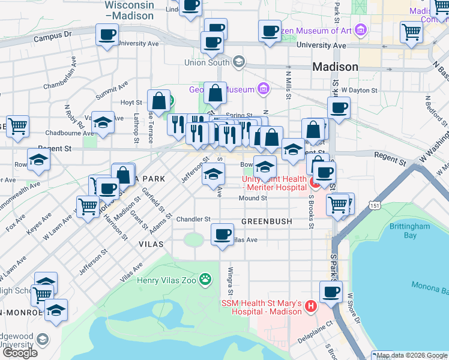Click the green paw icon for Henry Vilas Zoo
[x=206, y=278]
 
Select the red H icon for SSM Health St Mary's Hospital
[x=311, y=307]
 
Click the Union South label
[x=208, y=62]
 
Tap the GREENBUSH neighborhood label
[x=267, y=221]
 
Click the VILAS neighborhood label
[x=151, y=244]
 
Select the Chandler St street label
[x=193, y=220]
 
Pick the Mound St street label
[x=252, y=198]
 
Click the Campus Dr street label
[x=53, y=37]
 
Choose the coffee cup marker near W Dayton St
[x=339, y=107]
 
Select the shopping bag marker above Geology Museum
[x=215, y=92]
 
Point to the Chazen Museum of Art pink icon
[x=360, y=29]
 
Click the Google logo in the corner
[x=20, y=353]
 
